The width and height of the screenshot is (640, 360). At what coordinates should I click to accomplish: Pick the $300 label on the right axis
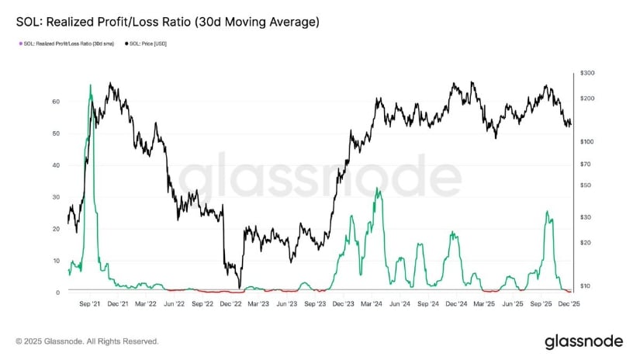coord(586,73)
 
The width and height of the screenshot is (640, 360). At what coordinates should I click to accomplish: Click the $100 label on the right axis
coord(586,141)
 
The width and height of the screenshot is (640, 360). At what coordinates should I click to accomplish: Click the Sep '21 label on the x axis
coord(92,305)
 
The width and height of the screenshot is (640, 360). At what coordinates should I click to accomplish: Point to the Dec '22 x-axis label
coord(230,305)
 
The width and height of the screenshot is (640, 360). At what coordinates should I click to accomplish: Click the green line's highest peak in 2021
coord(91,85)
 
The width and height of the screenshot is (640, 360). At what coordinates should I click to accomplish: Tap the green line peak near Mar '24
coord(378,189)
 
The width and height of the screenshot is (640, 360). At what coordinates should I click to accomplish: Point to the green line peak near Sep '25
coord(547,211)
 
